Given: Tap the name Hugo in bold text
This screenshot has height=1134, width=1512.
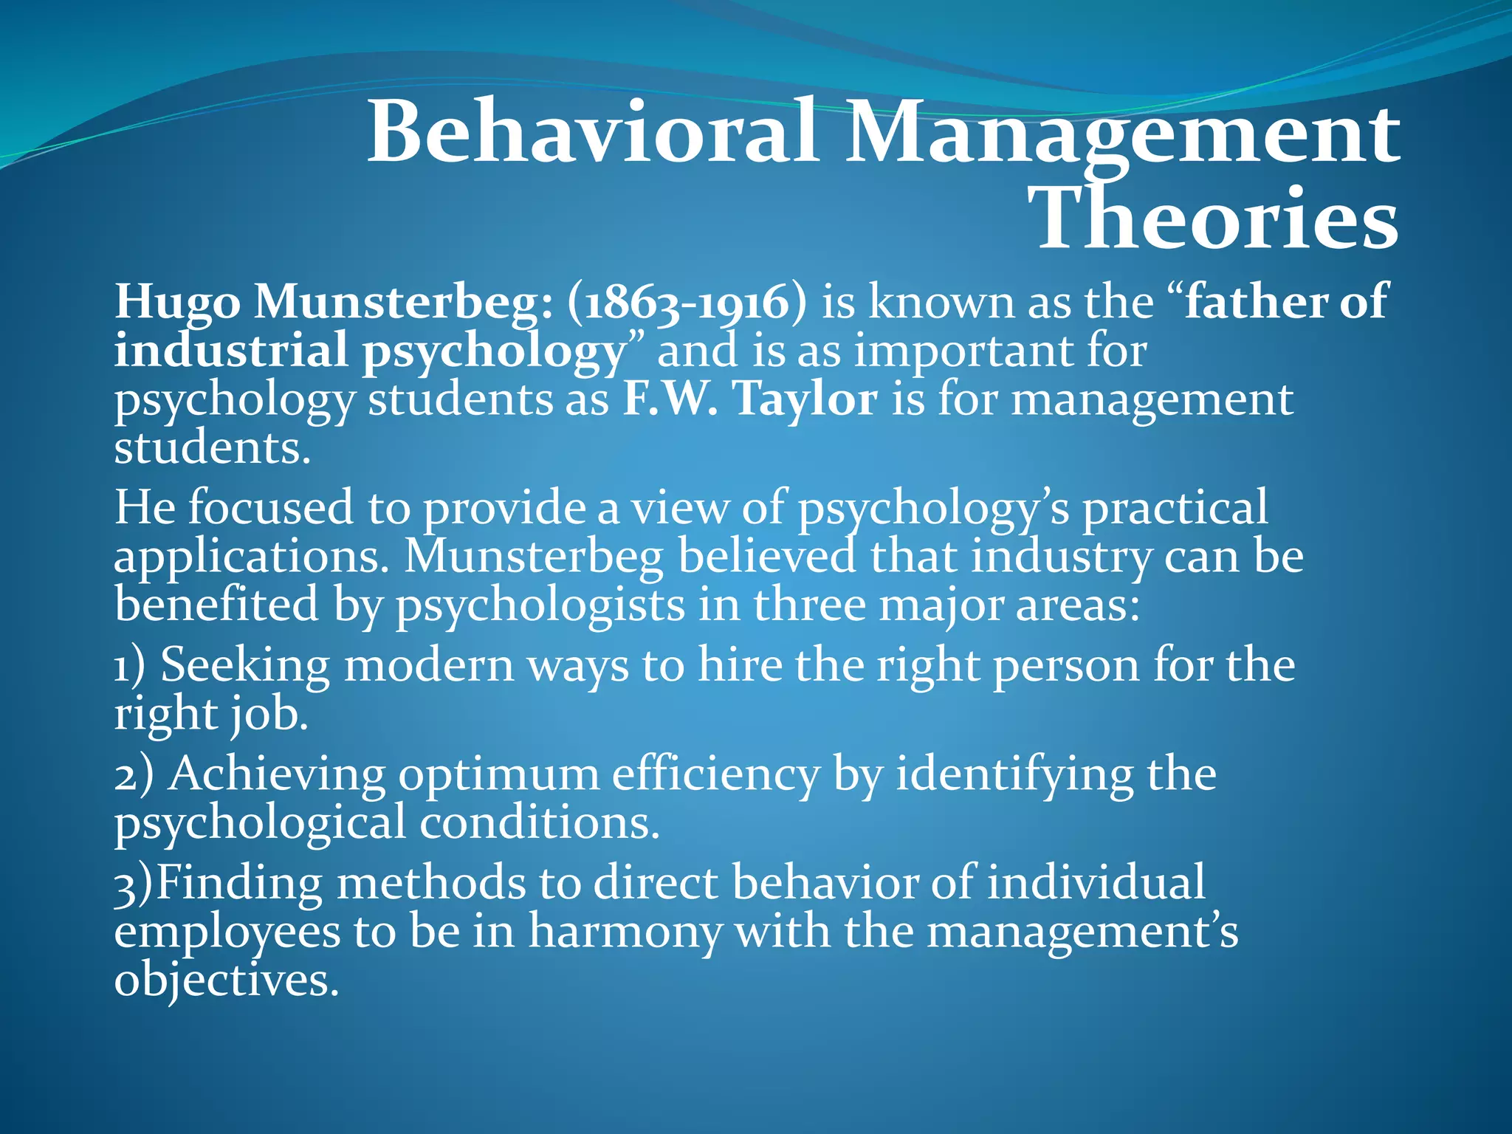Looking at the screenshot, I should pos(177,303).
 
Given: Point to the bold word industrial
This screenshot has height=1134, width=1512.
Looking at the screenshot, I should pos(231,351).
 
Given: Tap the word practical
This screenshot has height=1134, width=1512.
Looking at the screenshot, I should pos(1175,509).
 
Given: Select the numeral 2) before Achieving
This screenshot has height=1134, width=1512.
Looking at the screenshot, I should pos(134,775).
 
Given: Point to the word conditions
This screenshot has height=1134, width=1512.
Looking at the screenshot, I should pos(539,822).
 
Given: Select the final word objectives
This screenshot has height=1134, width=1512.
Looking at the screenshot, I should pos(226,980).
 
